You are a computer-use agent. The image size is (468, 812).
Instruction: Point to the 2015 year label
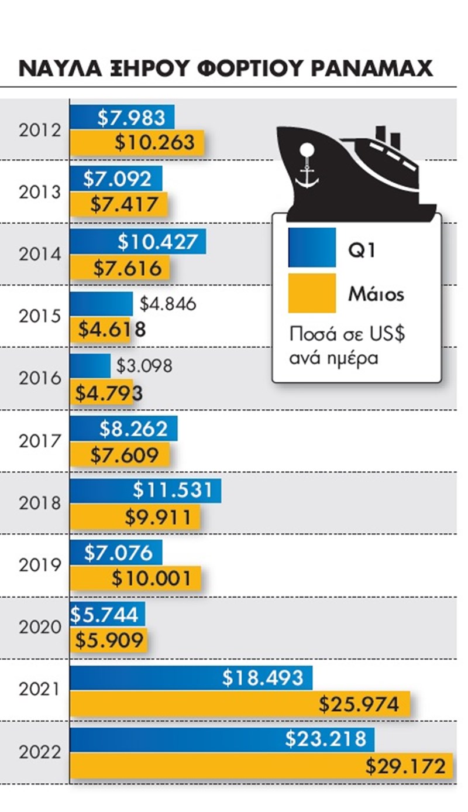point(40,316)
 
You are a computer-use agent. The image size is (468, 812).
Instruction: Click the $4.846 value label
point(168,304)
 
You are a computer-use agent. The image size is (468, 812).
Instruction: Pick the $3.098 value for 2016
point(144,366)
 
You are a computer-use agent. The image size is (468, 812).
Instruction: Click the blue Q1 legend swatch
point(312,247)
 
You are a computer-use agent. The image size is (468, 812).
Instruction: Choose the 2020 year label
point(40,627)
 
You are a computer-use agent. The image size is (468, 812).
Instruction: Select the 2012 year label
point(40,130)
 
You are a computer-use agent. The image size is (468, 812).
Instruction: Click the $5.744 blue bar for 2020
point(107,614)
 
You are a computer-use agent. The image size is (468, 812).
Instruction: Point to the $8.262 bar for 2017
point(123,429)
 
